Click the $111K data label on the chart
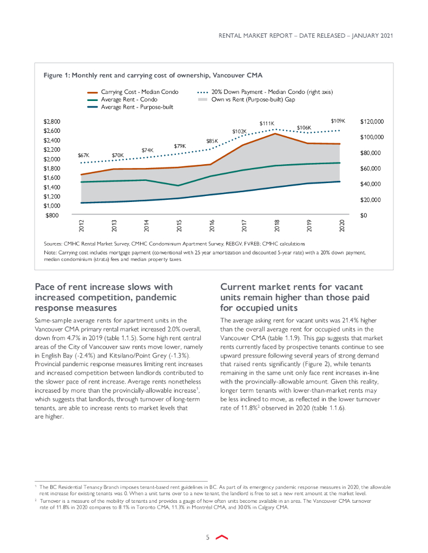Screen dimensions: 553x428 point(267,123)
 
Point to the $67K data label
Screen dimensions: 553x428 point(83,155)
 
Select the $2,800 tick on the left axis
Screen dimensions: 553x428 point(52,122)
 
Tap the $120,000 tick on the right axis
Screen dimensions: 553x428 point(372,122)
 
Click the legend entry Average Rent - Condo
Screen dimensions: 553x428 point(130,99)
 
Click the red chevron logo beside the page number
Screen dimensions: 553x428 point(221,537)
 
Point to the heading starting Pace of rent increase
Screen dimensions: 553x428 point(103,297)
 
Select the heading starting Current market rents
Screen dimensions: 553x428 point(291,297)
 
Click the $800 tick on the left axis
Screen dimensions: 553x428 point(52,215)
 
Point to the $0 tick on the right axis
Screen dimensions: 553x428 point(364,215)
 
